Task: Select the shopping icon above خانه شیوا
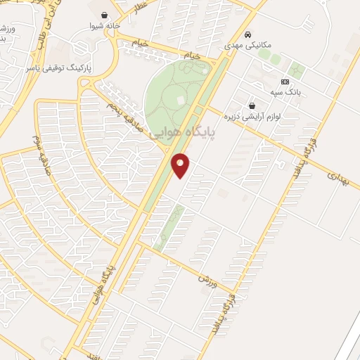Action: pyautogui.click(x=105, y=15)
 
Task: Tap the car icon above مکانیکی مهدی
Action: pyautogui.click(x=247, y=34)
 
